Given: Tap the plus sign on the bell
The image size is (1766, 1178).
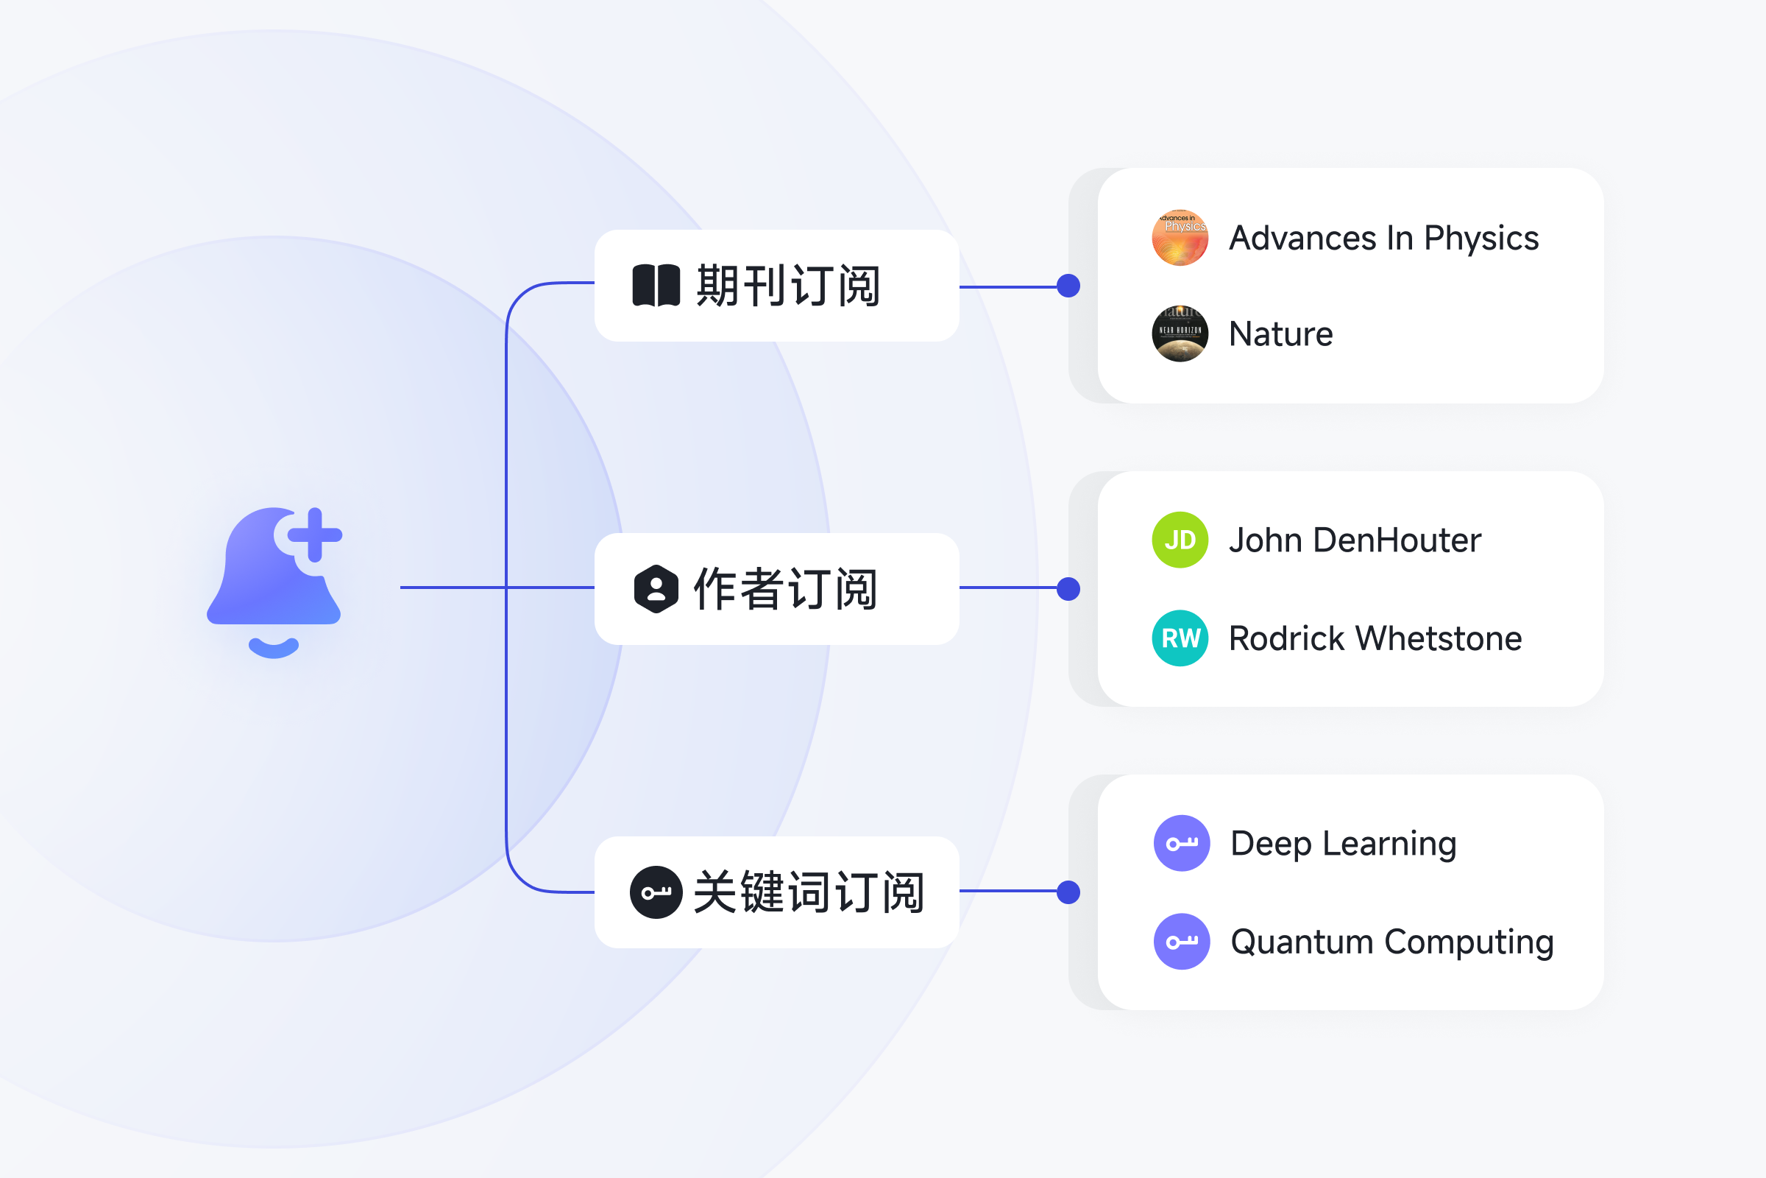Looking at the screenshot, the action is coord(315,535).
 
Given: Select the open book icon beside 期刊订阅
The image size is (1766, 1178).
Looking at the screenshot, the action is coord(656,286).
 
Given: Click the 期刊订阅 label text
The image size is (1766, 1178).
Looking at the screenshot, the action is coord(788,286).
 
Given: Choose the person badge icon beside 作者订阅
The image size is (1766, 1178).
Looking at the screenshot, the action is coord(656,589).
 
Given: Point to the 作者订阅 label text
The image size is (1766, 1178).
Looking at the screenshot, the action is coord(785,589).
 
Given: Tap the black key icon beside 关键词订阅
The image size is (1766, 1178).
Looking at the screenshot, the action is coord(656,892).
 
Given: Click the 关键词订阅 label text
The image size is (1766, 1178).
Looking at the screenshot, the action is coord(809,892).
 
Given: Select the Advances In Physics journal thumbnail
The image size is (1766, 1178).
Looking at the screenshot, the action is coord(1180,237).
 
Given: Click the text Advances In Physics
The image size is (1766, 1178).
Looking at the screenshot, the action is coord(1384,238).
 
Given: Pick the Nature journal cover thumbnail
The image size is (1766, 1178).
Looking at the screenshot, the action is coord(1180,334).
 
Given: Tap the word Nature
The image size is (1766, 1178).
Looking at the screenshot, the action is coord(1281,334).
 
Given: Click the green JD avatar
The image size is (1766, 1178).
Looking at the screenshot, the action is coord(1180,540).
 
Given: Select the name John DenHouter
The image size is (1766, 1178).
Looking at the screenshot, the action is coord(1355,540).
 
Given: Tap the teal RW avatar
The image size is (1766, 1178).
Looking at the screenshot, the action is coord(1180,638).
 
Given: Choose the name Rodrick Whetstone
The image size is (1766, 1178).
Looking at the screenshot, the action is coord(1375,638).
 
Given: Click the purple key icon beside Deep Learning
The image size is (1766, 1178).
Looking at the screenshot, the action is coord(1182,844).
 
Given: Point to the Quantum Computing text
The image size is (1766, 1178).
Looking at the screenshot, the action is coord(1392,942).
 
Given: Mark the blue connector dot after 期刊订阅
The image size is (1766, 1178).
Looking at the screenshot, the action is coord(1068,286).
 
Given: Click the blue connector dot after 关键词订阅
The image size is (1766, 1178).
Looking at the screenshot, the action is coord(1068,892).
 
